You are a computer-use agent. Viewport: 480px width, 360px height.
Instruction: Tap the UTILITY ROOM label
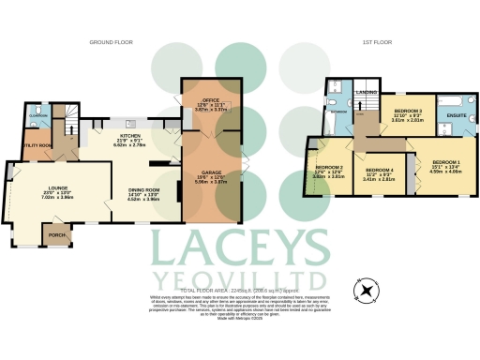point(37,144)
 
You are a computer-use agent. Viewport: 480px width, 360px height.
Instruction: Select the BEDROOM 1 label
point(441,161)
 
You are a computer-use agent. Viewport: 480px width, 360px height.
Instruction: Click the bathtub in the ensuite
point(456,99)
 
